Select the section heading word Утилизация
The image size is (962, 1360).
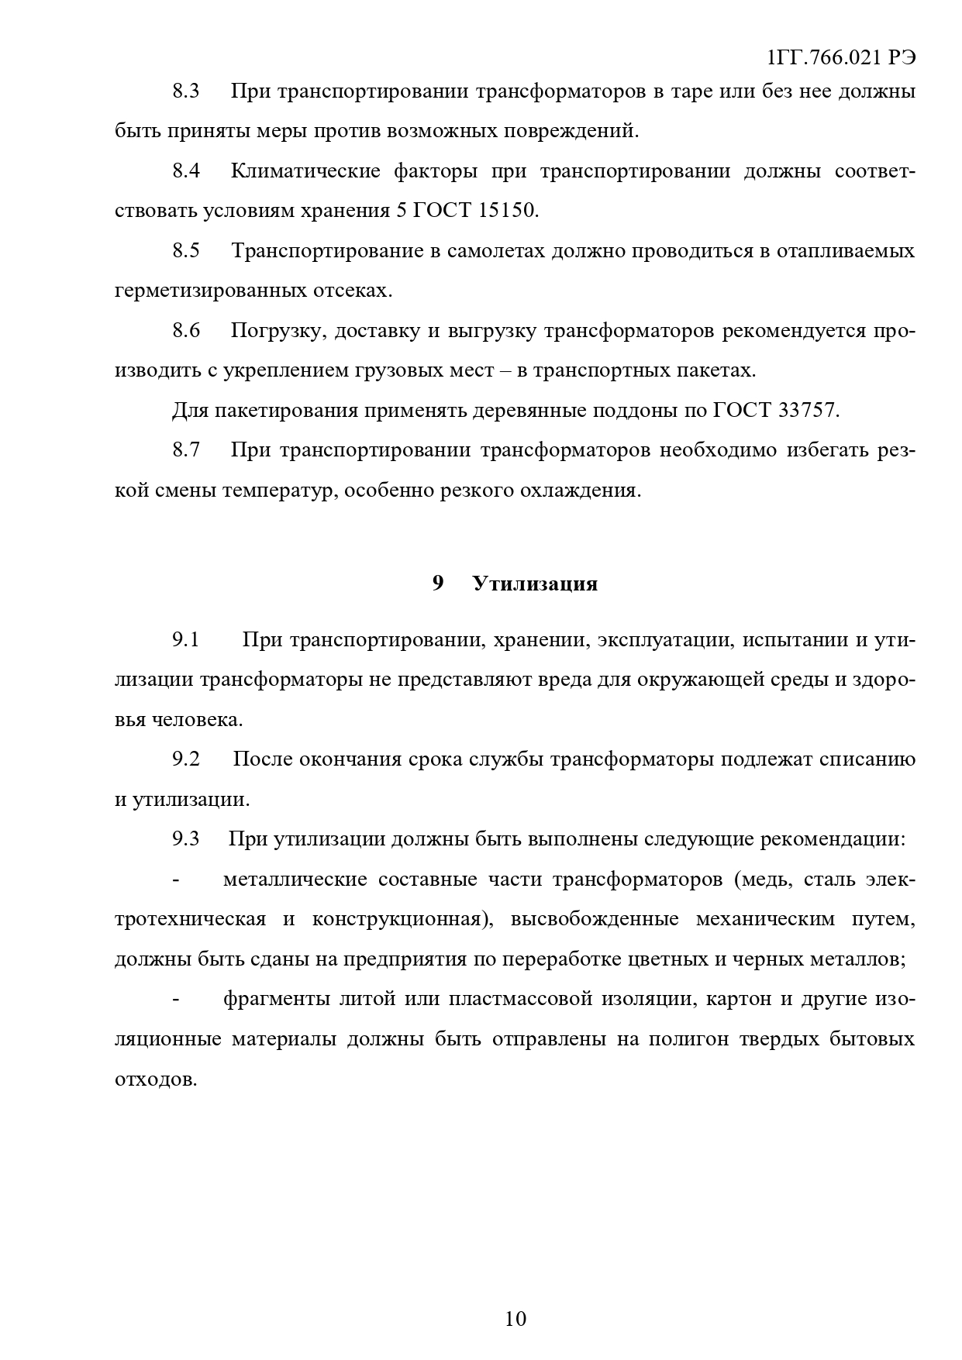point(535,584)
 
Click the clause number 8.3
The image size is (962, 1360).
point(186,91)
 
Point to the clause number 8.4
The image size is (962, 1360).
point(186,171)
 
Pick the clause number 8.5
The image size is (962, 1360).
point(186,251)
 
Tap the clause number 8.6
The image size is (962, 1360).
point(186,331)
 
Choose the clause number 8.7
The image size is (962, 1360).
point(186,450)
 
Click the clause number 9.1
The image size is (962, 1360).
point(186,640)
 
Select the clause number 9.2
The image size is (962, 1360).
point(186,759)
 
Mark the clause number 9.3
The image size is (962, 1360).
point(186,839)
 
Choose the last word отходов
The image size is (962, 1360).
point(155,1079)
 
